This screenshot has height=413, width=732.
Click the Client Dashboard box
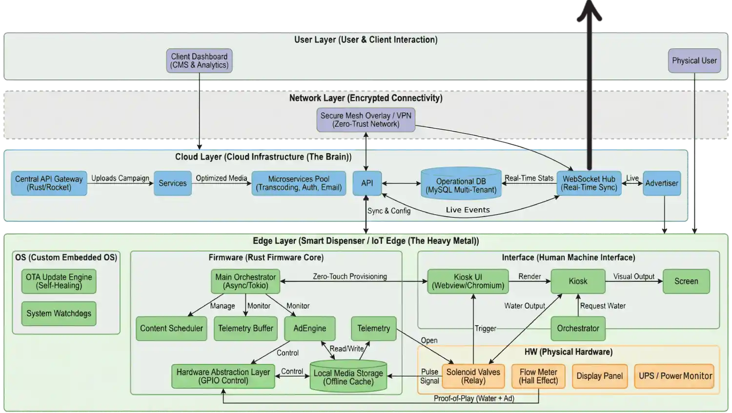[199, 61]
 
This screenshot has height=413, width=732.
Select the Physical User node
[694, 61]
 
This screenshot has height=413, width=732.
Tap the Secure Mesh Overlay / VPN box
[366, 120]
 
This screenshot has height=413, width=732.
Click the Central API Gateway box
[49, 183]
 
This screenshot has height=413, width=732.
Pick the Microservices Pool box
[299, 183]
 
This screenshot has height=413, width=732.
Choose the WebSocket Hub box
[589, 183]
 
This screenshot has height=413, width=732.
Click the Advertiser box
[661, 183]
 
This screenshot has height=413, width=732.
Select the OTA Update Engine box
[59, 281]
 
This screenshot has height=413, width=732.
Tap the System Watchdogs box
[59, 314]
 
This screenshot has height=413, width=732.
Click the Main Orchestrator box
[245, 281]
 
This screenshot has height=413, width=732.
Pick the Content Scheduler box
[171, 329]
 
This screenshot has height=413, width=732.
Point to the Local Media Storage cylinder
[348, 376]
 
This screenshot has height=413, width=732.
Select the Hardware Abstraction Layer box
[223, 376]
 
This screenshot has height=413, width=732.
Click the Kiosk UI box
[468, 281]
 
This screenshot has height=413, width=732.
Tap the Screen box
[686, 281]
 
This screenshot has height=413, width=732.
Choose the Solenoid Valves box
[473, 376]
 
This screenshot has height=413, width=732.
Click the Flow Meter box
[538, 376]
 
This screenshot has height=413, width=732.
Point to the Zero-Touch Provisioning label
[349, 276]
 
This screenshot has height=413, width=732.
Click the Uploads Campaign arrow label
[120, 178]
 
